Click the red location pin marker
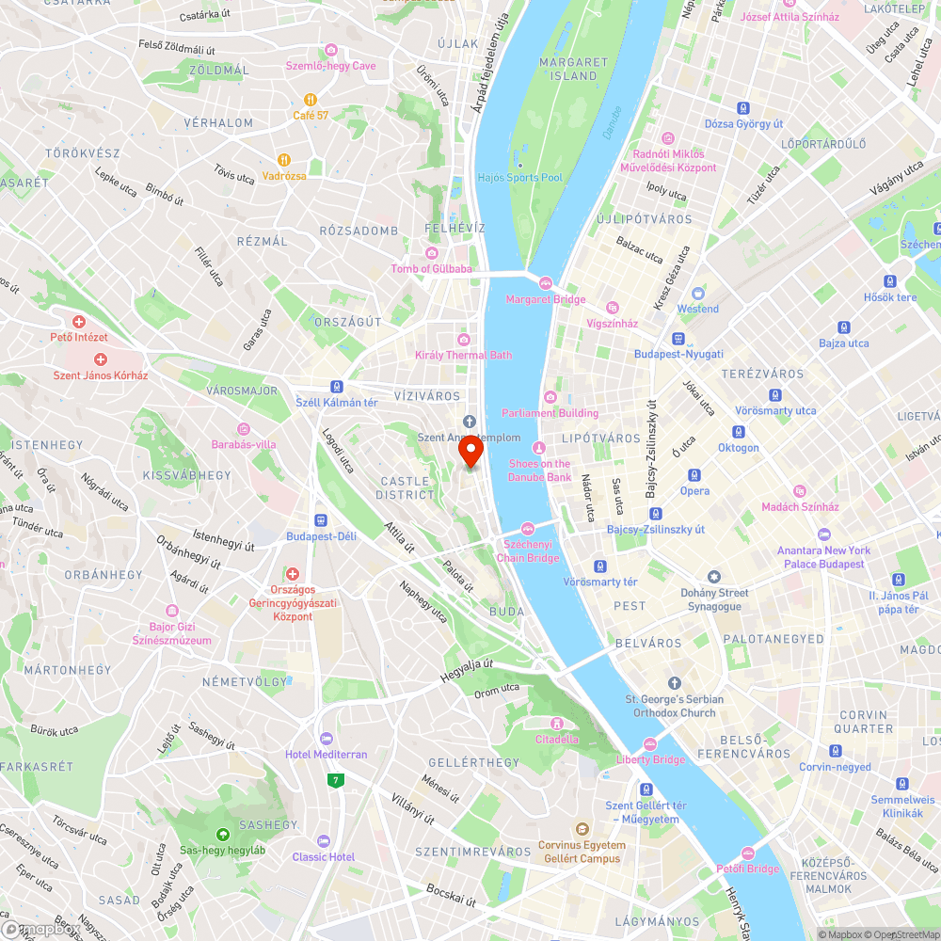click(470, 452)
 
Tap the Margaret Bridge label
click(546, 299)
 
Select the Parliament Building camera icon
click(550, 397)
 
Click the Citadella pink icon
click(557, 724)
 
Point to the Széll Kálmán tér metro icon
click(336, 387)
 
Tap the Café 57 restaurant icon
click(310, 99)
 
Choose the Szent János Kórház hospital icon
click(101, 359)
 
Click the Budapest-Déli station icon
click(321, 520)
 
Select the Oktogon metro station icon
click(739, 432)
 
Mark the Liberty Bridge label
click(651, 759)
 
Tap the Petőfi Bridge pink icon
click(747, 853)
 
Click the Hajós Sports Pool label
click(519, 178)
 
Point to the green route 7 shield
click(334, 780)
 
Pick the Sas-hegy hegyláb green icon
click(223, 834)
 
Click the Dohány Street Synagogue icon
click(714, 577)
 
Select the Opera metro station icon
click(694, 475)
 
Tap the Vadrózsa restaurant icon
click(283, 160)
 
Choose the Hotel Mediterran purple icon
click(327, 739)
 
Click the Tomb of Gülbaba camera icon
click(432, 253)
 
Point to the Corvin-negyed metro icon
click(835, 751)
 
